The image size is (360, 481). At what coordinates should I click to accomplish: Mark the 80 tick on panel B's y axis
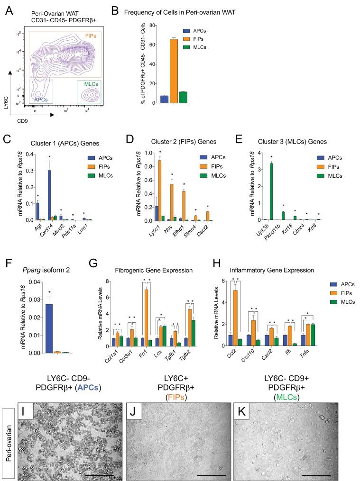(x=150, y=24)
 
